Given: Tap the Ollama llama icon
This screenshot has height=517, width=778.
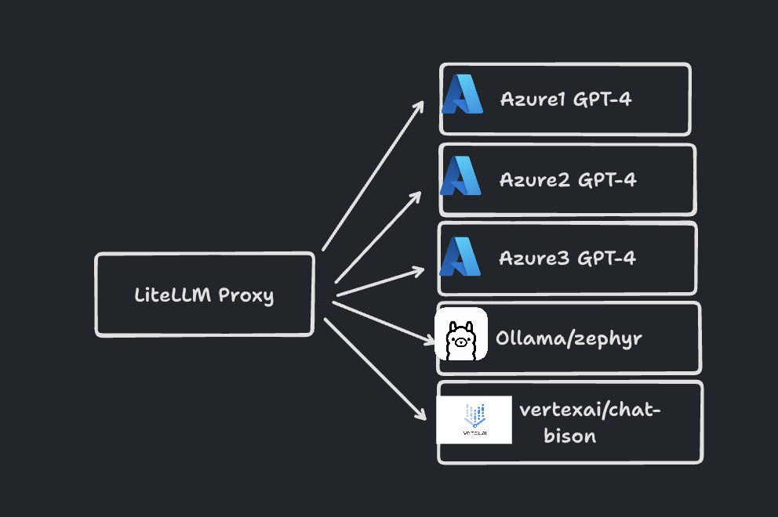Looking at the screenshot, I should click(461, 334).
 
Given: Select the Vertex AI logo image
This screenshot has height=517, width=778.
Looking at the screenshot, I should click(474, 421).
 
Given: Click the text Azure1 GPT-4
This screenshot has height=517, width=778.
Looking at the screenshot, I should click(565, 99).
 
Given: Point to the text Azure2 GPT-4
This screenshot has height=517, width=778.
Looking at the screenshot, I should click(567, 179).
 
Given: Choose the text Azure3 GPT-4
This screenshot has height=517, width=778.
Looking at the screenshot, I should click(567, 258).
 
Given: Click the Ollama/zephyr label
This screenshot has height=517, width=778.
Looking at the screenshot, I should click(569, 338).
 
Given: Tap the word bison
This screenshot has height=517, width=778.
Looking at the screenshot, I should click(569, 436).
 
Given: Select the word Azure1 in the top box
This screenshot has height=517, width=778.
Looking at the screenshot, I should click(532, 99).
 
